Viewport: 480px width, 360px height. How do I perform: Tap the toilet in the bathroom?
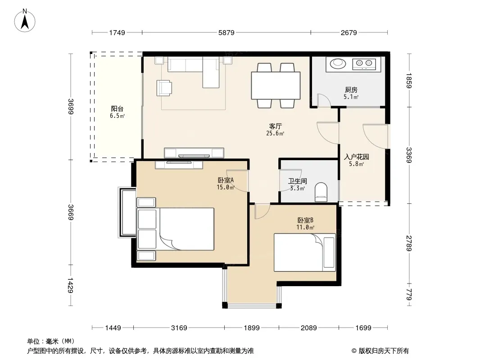click(x=321, y=192)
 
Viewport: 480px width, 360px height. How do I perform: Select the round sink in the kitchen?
click(x=338, y=63)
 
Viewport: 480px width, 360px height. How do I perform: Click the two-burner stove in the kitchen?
click(x=364, y=63)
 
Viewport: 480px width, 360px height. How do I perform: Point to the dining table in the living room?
click(x=276, y=85)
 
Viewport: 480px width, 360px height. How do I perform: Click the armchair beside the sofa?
click(x=164, y=88)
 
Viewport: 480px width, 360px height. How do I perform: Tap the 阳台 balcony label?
click(x=117, y=108)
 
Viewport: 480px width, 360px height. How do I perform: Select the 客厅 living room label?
click(x=275, y=126)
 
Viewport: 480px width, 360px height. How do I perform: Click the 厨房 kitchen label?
click(x=351, y=90)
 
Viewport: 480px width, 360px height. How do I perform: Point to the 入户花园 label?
click(x=356, y=157)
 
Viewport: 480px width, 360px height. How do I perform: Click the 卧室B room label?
click(x=305, y=220)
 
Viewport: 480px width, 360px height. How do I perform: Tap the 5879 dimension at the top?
click(x=226, y=33)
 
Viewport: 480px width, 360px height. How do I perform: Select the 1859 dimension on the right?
click(x=409, y=81)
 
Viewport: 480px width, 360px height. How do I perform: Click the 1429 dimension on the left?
click(x=70, y=285)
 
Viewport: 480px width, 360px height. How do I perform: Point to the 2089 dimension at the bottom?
click(x=308, y=328)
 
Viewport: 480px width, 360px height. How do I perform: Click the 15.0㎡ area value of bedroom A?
click(x=226, y=187)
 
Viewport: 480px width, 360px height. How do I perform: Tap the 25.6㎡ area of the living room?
click(x=275, y=133)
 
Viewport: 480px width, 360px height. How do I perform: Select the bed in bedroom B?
click(x=304, y=252)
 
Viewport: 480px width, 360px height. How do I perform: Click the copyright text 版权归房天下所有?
click(x=383, y=351)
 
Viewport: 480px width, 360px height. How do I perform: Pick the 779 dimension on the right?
click(x=409, y=295)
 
